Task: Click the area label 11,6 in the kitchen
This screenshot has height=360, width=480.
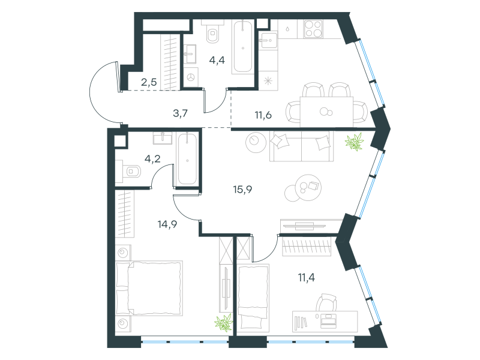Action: click(x=263, y=115)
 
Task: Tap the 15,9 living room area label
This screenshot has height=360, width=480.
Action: click(x=242, y=190)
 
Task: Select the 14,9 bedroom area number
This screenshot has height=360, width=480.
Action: click(x=167, y=224)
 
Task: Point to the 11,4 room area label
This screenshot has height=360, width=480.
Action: click(x=307, y=278)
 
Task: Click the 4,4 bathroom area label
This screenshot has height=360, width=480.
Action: click(x=217, y=61)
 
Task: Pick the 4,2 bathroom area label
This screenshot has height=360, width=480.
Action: click(x=152, y=159)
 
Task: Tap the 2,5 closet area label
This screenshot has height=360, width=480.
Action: click(x=149, y=82)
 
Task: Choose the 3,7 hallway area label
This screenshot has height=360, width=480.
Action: click(x=181, y=113)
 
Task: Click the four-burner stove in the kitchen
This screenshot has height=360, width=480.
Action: click(x=313, y=29)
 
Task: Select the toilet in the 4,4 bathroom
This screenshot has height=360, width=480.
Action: click(x=213, y=33)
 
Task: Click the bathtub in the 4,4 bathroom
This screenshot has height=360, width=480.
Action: click(x=243, y=47)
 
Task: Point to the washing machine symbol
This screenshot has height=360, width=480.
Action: click(x=191, y=77)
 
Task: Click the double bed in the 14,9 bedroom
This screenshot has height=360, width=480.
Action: click(x=149, y=288)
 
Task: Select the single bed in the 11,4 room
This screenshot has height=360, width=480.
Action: click(x=253, y=298)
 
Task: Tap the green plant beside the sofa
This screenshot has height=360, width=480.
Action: click(x=355, y=142)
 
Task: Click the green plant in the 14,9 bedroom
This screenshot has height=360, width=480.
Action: click(x=224, y=323)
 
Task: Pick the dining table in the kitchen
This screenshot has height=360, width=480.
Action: click(x=326, y=112)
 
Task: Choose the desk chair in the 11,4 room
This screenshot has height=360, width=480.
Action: click(x=326, y=302)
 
